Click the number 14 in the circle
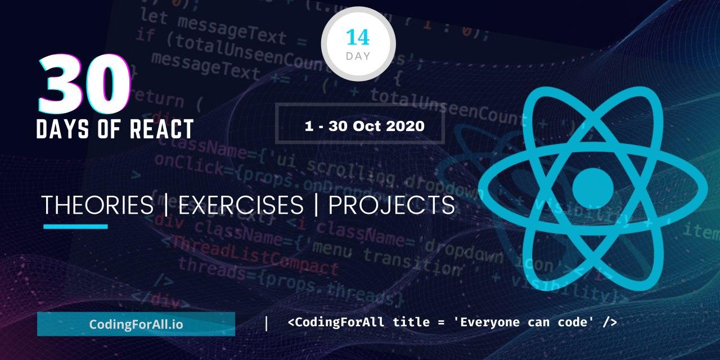358,37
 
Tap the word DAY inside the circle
358,56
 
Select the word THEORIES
97,205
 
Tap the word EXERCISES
241,205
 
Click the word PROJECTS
391,205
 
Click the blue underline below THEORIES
75,227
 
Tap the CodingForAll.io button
136,325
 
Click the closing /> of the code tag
610,322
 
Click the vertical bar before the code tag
266,323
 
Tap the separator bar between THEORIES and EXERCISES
165,205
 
